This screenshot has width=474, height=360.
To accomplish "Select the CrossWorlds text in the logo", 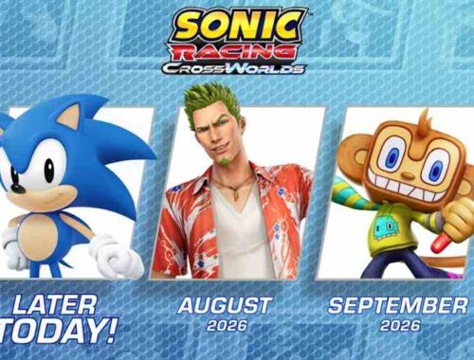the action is (234, 68).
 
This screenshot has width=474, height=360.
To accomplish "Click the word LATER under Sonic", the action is (54, 305).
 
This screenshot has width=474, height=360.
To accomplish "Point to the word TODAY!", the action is (57, 332).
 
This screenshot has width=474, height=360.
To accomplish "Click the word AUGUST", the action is (224, 305).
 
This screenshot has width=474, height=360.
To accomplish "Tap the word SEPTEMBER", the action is (397, 305).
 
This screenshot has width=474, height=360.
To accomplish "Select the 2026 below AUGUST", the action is (227, 325).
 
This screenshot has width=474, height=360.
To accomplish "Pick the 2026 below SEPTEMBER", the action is (400, 325).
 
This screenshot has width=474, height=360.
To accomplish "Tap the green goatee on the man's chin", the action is (225, 161).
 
